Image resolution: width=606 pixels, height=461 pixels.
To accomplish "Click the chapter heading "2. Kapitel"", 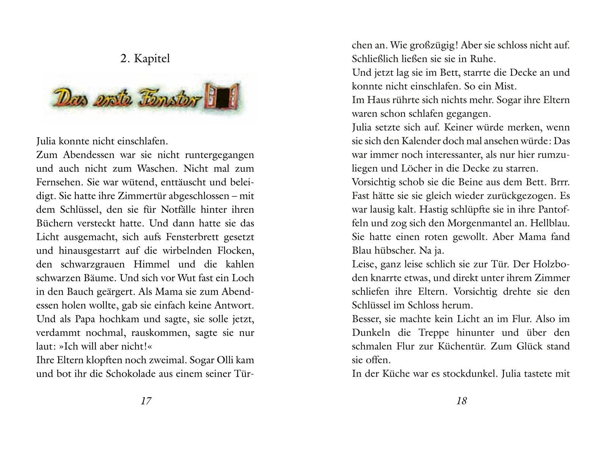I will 145,59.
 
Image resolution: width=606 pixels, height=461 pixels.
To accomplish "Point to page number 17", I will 146,401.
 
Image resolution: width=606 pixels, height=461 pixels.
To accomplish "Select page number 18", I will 461,401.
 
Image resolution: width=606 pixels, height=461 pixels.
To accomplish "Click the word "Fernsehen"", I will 59,182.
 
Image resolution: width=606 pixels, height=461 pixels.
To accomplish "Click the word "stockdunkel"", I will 464,373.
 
